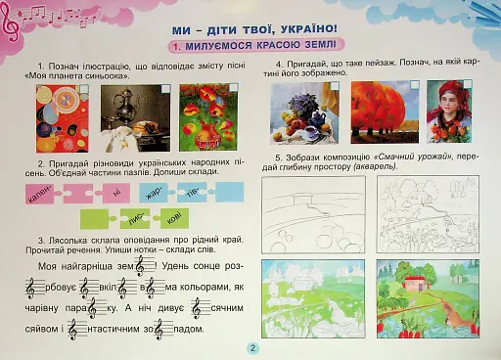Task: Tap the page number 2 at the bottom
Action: click(x=251, y=348)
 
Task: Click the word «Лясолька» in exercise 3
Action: click(x=69, y=239)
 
